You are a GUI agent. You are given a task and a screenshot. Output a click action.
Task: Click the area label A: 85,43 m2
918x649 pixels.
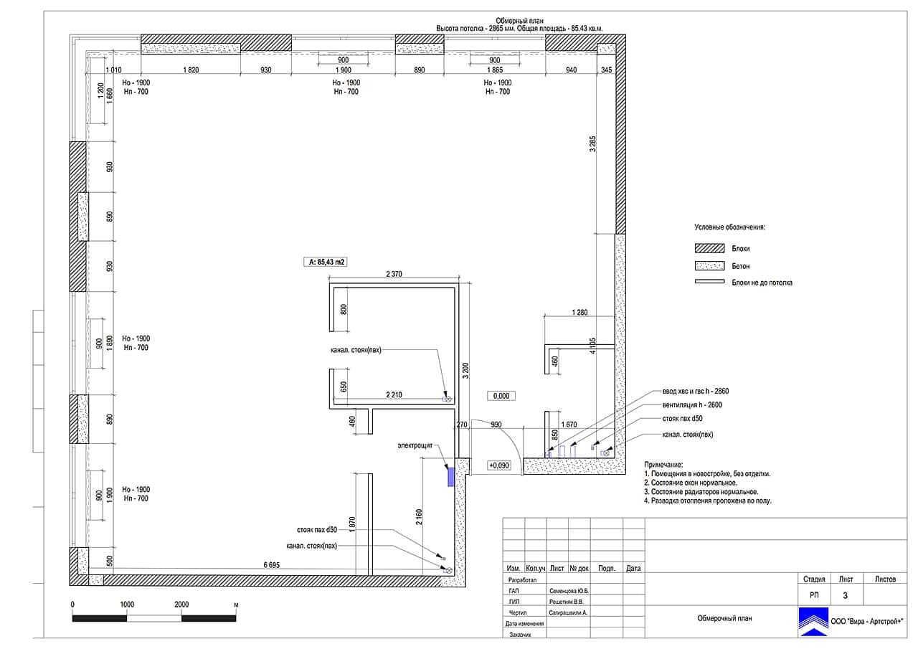(326, 262)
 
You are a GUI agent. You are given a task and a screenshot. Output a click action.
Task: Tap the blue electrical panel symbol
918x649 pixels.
(451, 477)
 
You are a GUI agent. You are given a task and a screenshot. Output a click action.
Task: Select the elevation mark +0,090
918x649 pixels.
(499, 465)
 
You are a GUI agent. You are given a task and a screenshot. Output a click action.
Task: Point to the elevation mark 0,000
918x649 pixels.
(501, 396)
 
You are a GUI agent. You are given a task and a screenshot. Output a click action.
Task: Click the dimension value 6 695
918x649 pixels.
(271, 565)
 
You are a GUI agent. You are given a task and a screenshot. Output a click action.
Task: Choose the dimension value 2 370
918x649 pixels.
(394, 274)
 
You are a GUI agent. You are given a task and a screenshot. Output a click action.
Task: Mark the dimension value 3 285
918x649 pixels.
(592, 144)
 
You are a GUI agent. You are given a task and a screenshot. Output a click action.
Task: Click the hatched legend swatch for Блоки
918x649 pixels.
(709, 248)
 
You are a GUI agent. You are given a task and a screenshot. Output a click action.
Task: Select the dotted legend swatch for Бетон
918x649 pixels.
(709, 266)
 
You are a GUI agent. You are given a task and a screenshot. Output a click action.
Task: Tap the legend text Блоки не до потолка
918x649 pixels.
(762, 283)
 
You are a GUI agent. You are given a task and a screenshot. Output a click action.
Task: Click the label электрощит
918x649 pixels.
(415, 445)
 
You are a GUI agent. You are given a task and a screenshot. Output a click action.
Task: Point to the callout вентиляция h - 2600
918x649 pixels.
(692, 404)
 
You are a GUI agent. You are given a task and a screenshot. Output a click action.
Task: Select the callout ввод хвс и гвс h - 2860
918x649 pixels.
(696, 392)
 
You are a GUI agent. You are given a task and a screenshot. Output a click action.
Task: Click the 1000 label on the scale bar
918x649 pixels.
(127, 605)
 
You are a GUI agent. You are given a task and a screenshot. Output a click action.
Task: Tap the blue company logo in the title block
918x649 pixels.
(813, 622)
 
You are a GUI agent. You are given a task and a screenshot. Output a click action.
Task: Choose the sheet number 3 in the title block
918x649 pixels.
(845, 595)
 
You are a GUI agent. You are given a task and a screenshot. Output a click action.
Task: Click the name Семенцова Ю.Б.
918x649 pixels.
(569, 591)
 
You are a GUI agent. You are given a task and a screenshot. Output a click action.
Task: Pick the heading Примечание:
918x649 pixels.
(663, 465)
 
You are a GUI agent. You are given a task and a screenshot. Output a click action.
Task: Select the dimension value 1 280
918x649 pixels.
(579, 312)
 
